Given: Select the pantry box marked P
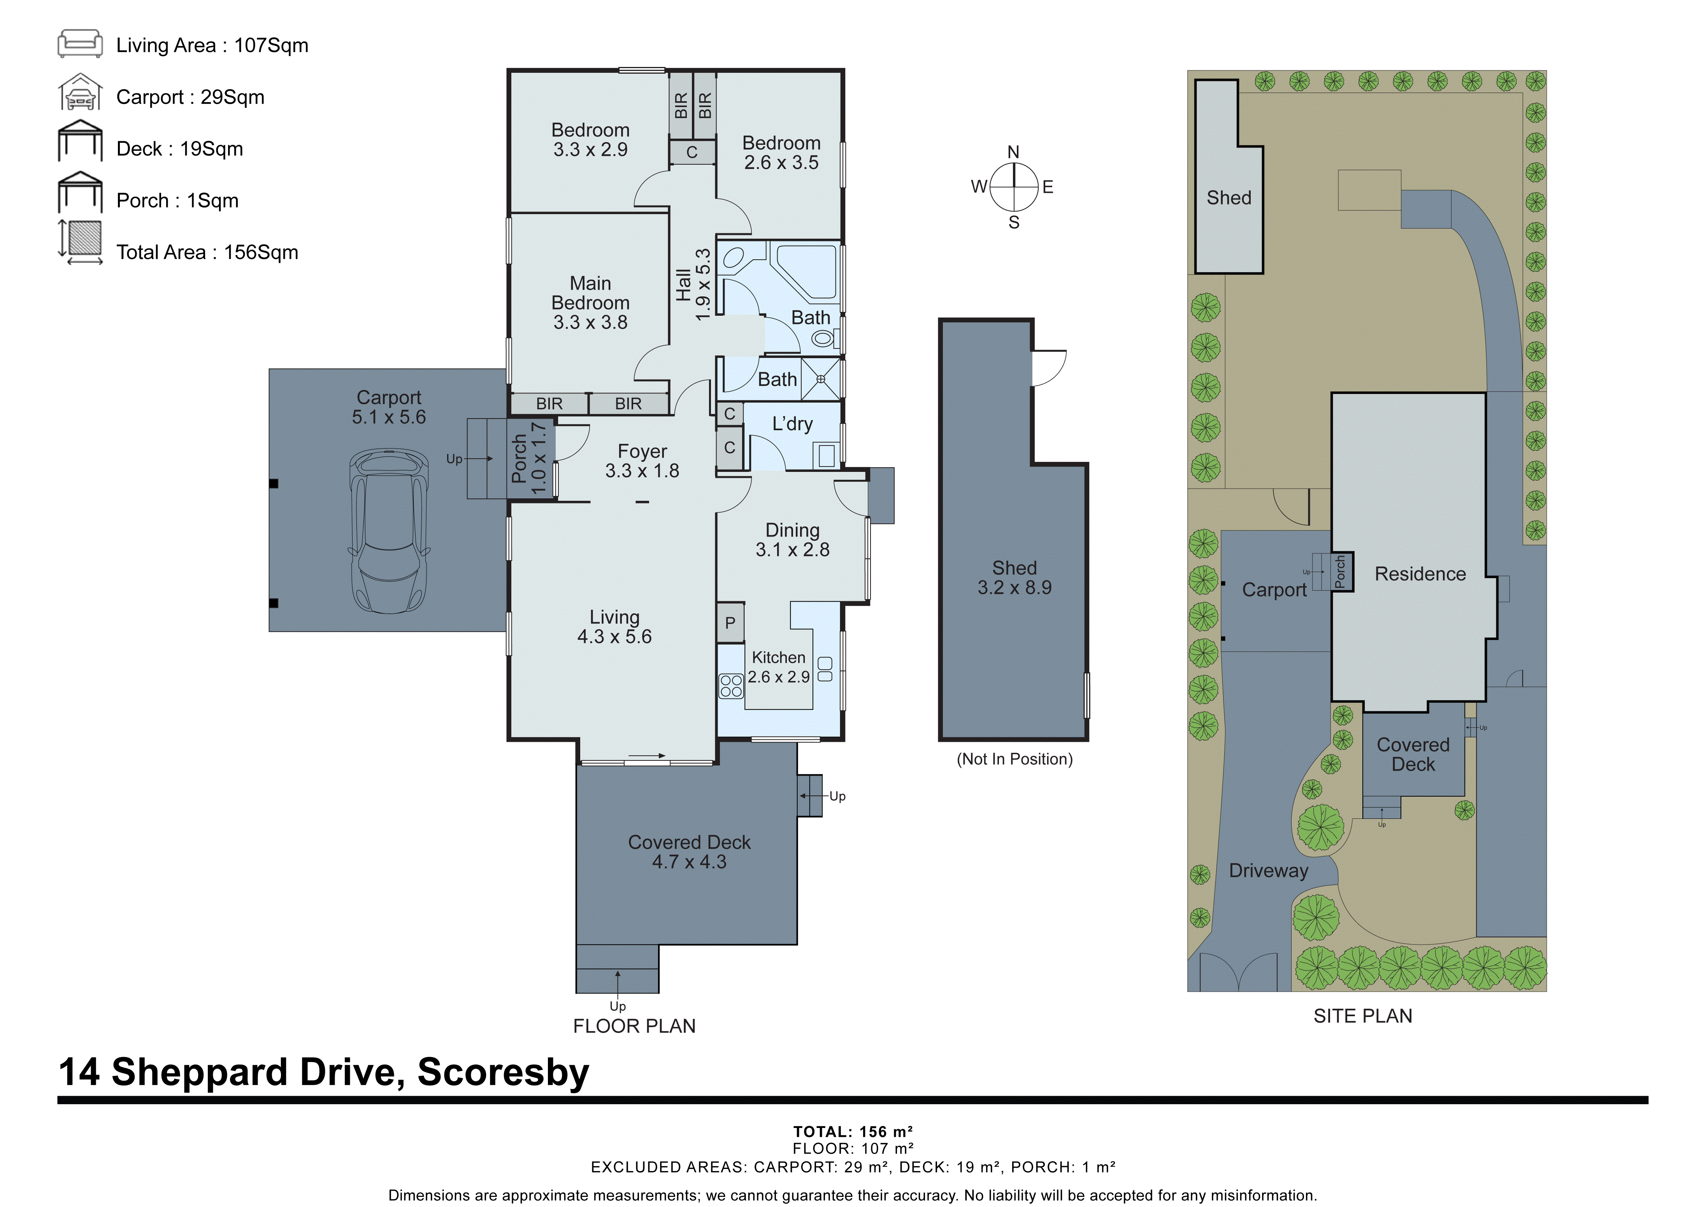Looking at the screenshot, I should pyautogui.click(x=730, y=623).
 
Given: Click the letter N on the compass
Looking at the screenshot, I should pyautogui.click(x=1013, y=152).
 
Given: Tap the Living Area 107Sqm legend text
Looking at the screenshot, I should pyautogui.click(x=212, y=45).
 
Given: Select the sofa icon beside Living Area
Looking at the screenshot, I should pyautogui.click(x=80, y=44).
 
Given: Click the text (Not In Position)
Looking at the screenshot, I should pyautogui.click(x=1014, y=759).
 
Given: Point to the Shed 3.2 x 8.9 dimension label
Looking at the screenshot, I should pyautogui.click(x=1014, y=577).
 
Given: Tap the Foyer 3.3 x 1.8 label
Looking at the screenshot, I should pyautogui.click(x=642, y=461).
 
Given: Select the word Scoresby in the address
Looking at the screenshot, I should pyautogui.click(x=503, y=1072).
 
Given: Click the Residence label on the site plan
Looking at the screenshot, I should pyautogui.click(x=1419, y=574).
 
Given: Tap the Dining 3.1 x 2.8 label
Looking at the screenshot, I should pyautogui.click(x=792, y=540).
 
